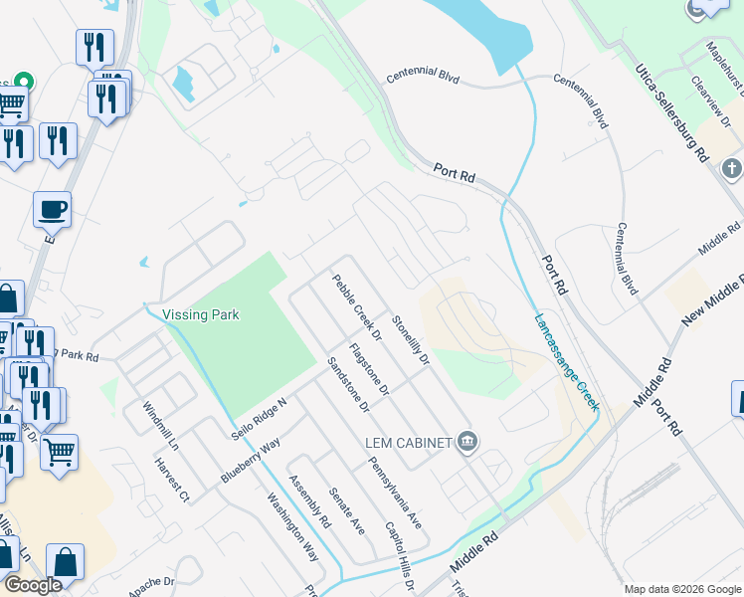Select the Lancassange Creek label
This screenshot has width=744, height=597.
(567, 360)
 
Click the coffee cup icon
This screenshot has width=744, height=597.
(52, 210)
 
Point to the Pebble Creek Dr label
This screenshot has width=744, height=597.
(356, 302)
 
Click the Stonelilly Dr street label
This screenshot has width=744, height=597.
(410, 339)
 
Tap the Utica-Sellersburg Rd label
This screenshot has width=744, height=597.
(671, 113)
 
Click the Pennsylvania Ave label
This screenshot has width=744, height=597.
(396, 493)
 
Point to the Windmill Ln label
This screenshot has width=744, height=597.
(160, 425)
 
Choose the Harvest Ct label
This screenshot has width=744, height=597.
(172, 478)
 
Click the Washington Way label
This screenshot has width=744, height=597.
(293, 526)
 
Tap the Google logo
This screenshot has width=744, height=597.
(34, 585)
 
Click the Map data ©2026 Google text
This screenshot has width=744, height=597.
(681, 589)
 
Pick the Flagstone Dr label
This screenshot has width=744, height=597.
(369, 373)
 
